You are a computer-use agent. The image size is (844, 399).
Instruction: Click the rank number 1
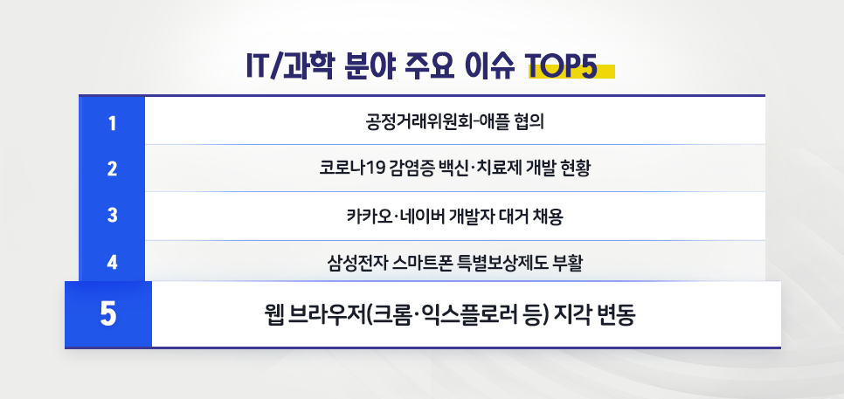tap(112, 120)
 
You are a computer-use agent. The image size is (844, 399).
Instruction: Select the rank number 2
tap(112, 168)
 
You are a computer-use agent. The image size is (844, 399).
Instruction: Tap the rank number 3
tap(112, 215)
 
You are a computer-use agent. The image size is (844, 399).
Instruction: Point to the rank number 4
tap(112, 261)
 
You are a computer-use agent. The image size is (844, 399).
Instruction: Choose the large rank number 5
tap(108, 313)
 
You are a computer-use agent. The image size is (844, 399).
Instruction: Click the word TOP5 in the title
tap(562, 67)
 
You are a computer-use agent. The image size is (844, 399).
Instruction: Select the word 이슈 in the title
tap(490, 67)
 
